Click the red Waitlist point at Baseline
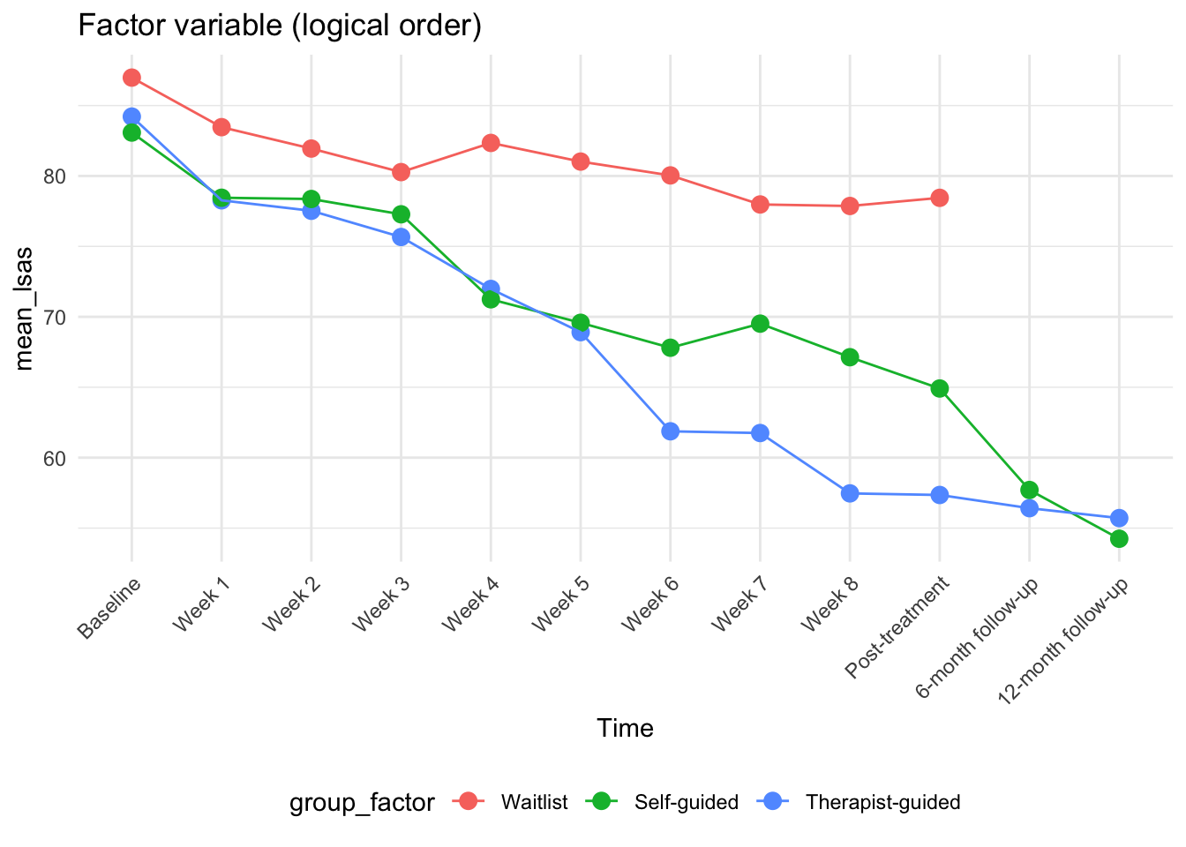coord(131,78)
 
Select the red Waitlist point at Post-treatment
coord(939,198)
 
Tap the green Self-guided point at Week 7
coord(760,324)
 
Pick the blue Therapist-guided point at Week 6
coord(670,431)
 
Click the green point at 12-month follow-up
coord(1118,539)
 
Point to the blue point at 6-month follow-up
coord(1029,508)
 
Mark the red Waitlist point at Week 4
coord(491,143)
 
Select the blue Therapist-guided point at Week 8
coord(850,493)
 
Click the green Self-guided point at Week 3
coord(401,214)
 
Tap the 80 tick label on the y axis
coord(55,176)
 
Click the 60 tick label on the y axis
coord(55,459)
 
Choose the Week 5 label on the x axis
coord(559,604)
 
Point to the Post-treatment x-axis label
coord(897,627)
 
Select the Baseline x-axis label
coord(109,608)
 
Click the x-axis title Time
coord(625,728)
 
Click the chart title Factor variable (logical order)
coord(280,26)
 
